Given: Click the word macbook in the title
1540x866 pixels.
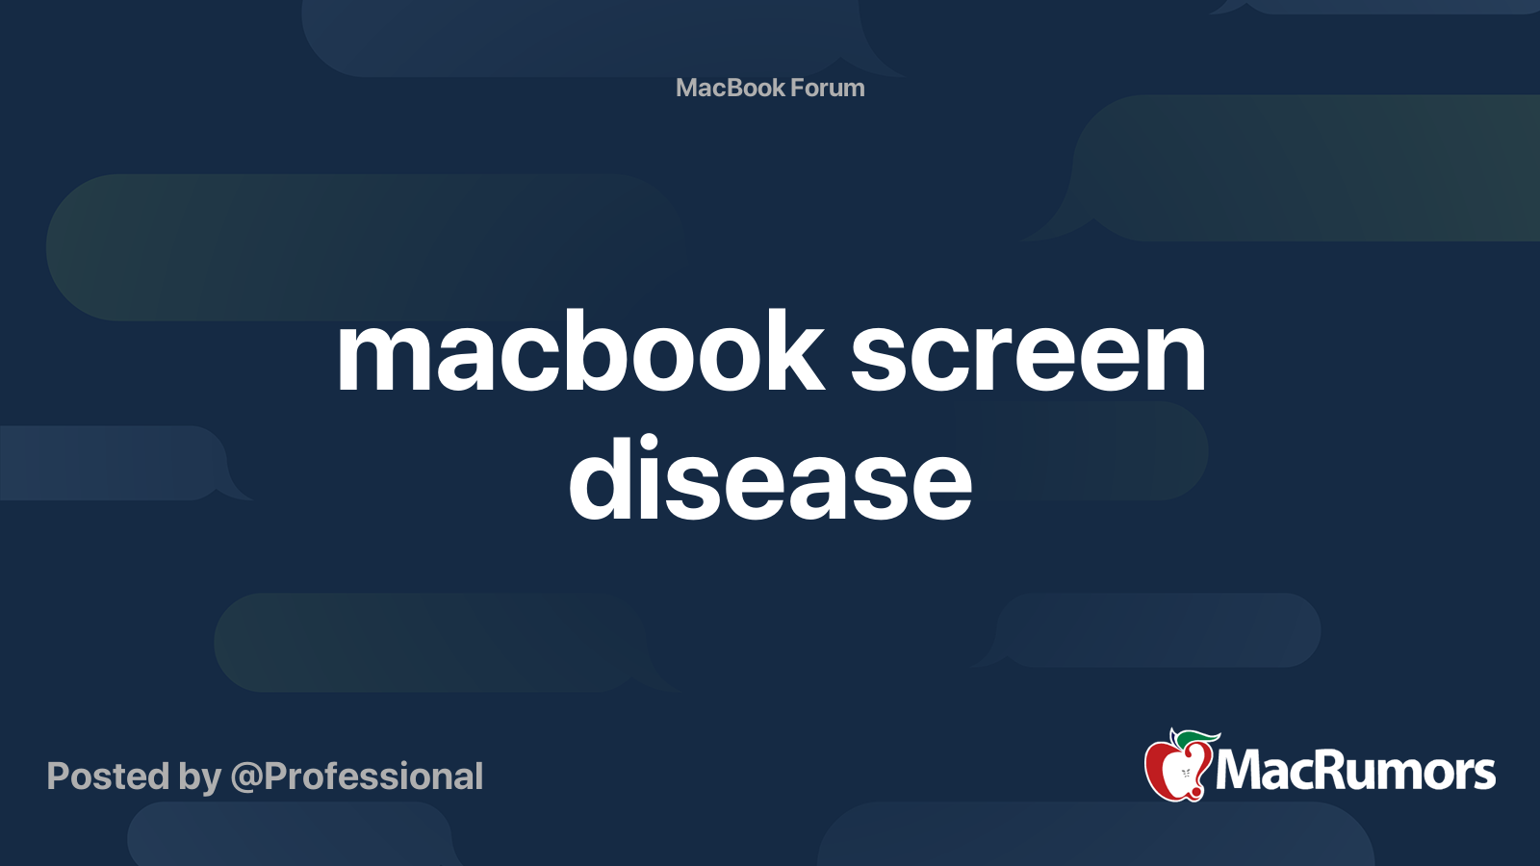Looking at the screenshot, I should pos(579,353).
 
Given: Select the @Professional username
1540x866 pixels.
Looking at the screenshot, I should pos(357,777).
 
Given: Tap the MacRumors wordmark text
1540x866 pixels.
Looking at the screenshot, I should pos(1355,771).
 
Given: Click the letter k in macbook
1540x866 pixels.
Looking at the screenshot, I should pos(794,351).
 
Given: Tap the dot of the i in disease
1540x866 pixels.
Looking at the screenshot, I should pos(650,443).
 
